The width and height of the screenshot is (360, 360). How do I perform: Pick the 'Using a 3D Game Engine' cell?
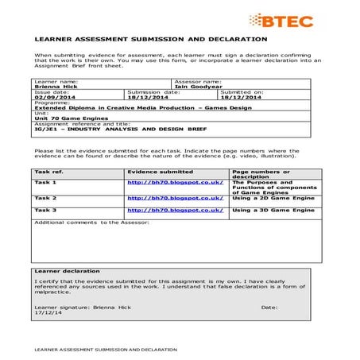point(273,210)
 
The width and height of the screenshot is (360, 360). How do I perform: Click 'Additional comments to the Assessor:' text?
point(87,222)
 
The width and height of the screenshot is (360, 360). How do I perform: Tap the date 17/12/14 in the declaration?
point(48,312)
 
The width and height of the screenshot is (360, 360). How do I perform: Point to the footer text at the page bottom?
point(103,350)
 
